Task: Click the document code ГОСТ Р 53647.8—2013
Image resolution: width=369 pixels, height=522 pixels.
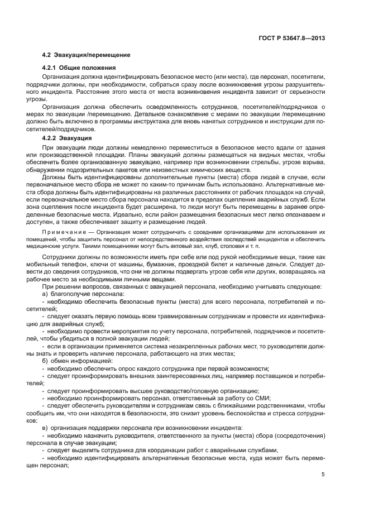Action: [293, 39]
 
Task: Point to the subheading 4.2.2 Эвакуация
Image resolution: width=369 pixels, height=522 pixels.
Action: [68, 137]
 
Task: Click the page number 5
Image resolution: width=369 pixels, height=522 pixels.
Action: [323, 475]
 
